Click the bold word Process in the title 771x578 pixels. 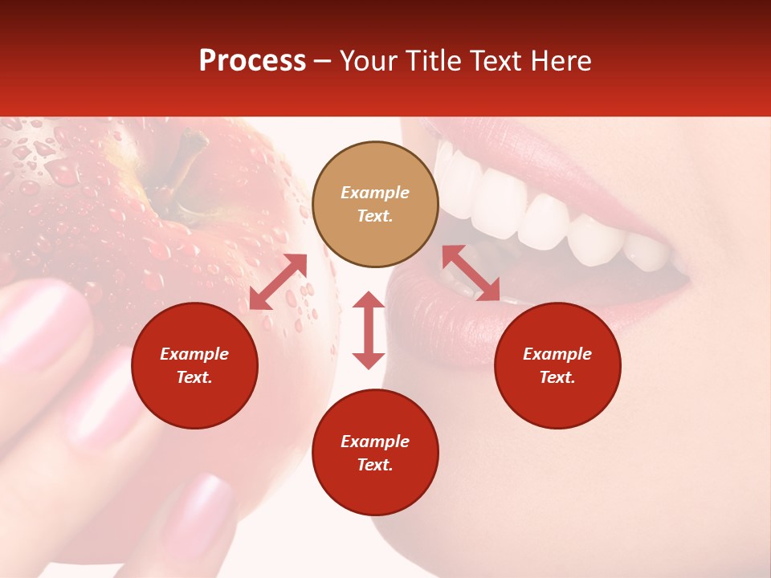pyautogui.click(x=252, y=61)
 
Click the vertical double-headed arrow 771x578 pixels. pyautogui.click(x=369, y=330)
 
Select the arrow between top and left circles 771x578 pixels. pyautogui.click(x=278, y=282)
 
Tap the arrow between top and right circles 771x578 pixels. pyautogui.click(x=471, y=273)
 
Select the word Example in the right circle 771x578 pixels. pyautogui.click(x=557, y=354)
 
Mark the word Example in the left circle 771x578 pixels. pyautogui.click(x=194, y=354)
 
